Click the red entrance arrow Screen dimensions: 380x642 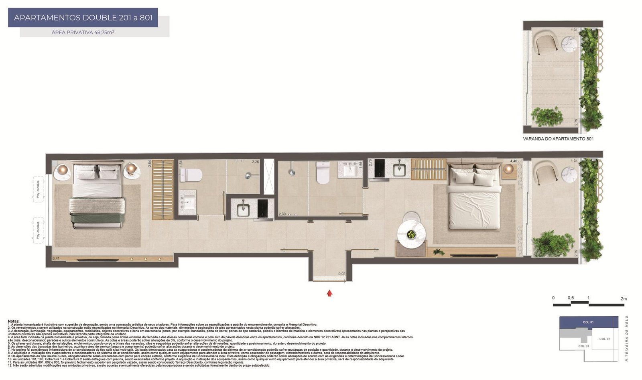tap(329, 293)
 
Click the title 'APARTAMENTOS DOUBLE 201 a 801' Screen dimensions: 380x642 tap(83, 18)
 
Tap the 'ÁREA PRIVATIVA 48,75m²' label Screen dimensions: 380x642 tap(83, 33)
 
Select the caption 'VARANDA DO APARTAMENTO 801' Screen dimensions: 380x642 tap(558, 139)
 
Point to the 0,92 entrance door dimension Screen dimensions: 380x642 tap(342, 274)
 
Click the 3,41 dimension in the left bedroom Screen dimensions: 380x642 tap(56, 259)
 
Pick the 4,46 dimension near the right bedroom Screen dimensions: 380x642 tap(514, 161)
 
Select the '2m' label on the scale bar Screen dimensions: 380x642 tap(624, 299)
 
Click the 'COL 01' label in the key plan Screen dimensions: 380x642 tap(588, 322)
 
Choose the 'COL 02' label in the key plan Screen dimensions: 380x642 tap(605, 339)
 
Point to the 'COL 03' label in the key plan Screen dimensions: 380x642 tap(584, 346)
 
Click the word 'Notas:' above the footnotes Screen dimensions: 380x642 tap(14, 321)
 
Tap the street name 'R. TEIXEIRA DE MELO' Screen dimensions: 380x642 tap(627, 339)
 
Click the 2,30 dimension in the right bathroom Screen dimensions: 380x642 tap(282, 214)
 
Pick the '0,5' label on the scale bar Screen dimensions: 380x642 tap(571, 298)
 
